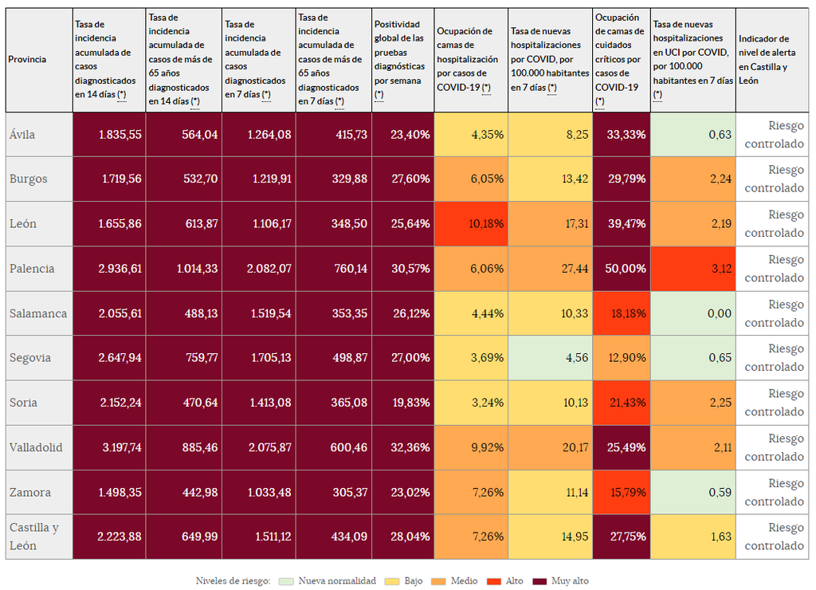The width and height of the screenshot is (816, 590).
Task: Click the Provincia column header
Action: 27,59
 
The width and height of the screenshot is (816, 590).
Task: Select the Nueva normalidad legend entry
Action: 330,580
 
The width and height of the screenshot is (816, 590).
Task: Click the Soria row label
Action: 24,403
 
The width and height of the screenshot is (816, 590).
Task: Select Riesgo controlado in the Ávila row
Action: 774,135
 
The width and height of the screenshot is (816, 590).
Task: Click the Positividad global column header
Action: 402,60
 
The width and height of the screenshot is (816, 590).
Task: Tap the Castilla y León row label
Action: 33,537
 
